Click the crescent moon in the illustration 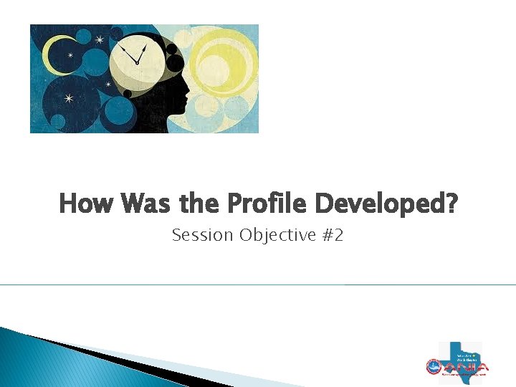coord(52,54)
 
